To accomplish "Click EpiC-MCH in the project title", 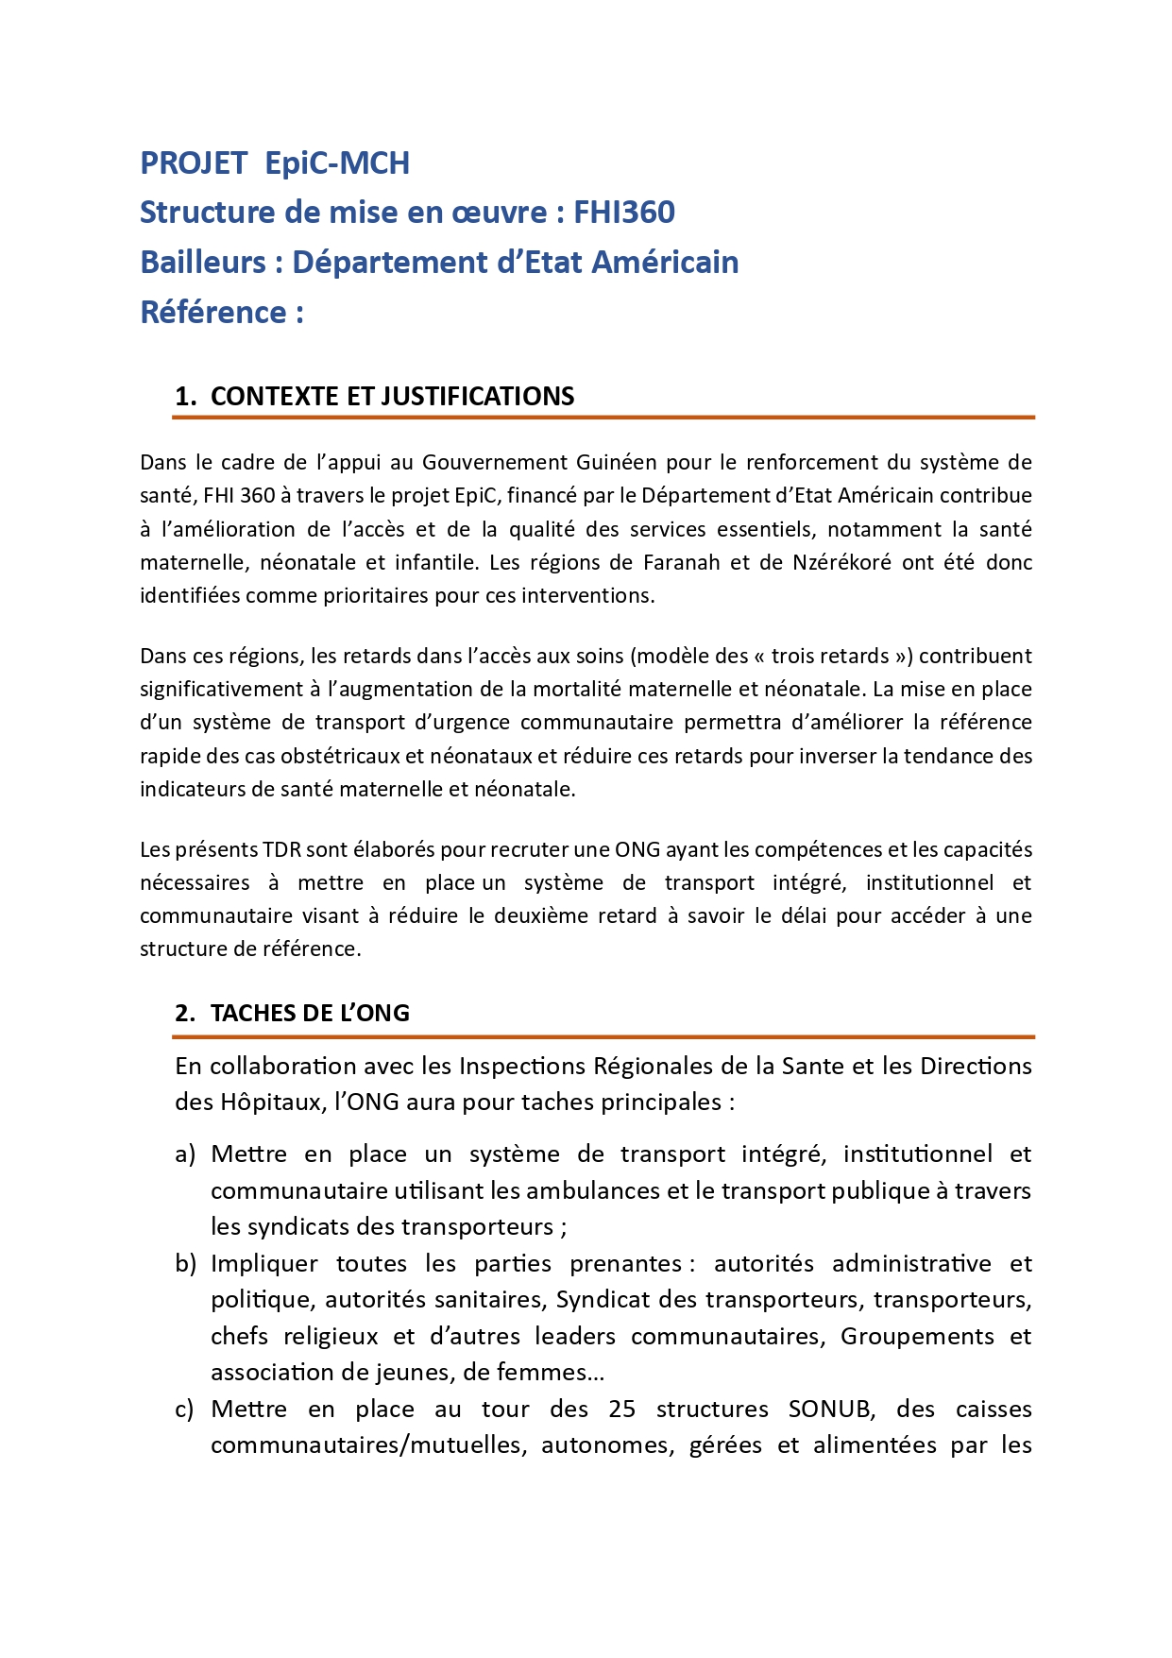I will tap(337, 163).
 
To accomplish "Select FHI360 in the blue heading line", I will tap(624, 213).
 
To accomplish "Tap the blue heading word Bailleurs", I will tap(203, 263).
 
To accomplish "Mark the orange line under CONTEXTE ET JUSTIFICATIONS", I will tap(604, 417).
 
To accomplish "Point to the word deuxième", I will tap(541, 915).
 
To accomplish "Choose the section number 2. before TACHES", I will tap(185, 1013).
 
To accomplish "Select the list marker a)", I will tap(185, 1154).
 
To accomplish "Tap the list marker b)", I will tap(185, 1263).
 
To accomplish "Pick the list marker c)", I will tap(185, 1409).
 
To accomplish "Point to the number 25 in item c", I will tap(621, 1409).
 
